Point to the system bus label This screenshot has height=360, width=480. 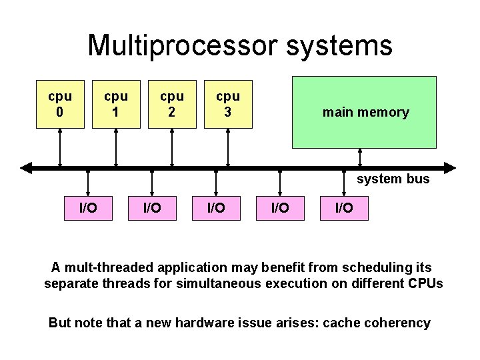[393, 179]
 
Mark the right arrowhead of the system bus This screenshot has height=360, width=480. [451, 168]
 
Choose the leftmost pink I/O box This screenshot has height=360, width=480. [88, 209]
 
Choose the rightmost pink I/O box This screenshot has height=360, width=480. [344, 209]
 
